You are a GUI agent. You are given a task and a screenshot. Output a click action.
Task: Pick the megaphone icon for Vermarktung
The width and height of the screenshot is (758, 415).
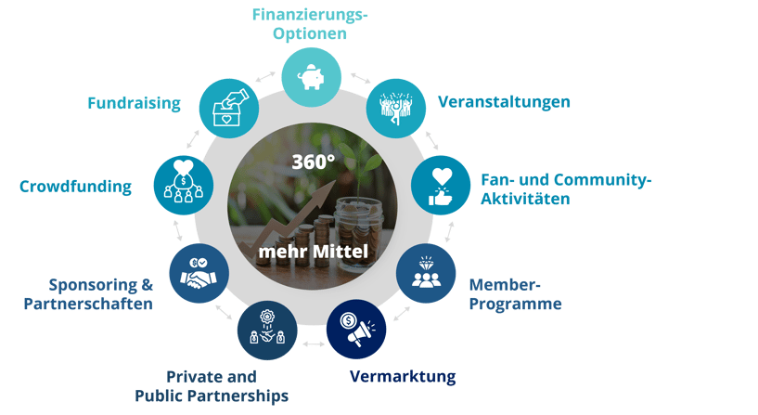[356, 329]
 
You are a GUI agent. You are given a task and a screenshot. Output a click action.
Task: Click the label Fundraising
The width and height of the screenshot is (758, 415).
[134, 103]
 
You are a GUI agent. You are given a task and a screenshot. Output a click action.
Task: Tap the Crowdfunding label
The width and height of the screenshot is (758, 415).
[76, 187]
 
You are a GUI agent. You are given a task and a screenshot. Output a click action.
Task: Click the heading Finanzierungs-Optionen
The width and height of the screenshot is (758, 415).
[309, 24]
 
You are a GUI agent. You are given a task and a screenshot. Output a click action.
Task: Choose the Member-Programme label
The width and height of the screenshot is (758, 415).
[514, 293]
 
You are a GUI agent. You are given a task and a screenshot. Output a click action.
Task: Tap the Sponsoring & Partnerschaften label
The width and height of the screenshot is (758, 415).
[101, 293]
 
